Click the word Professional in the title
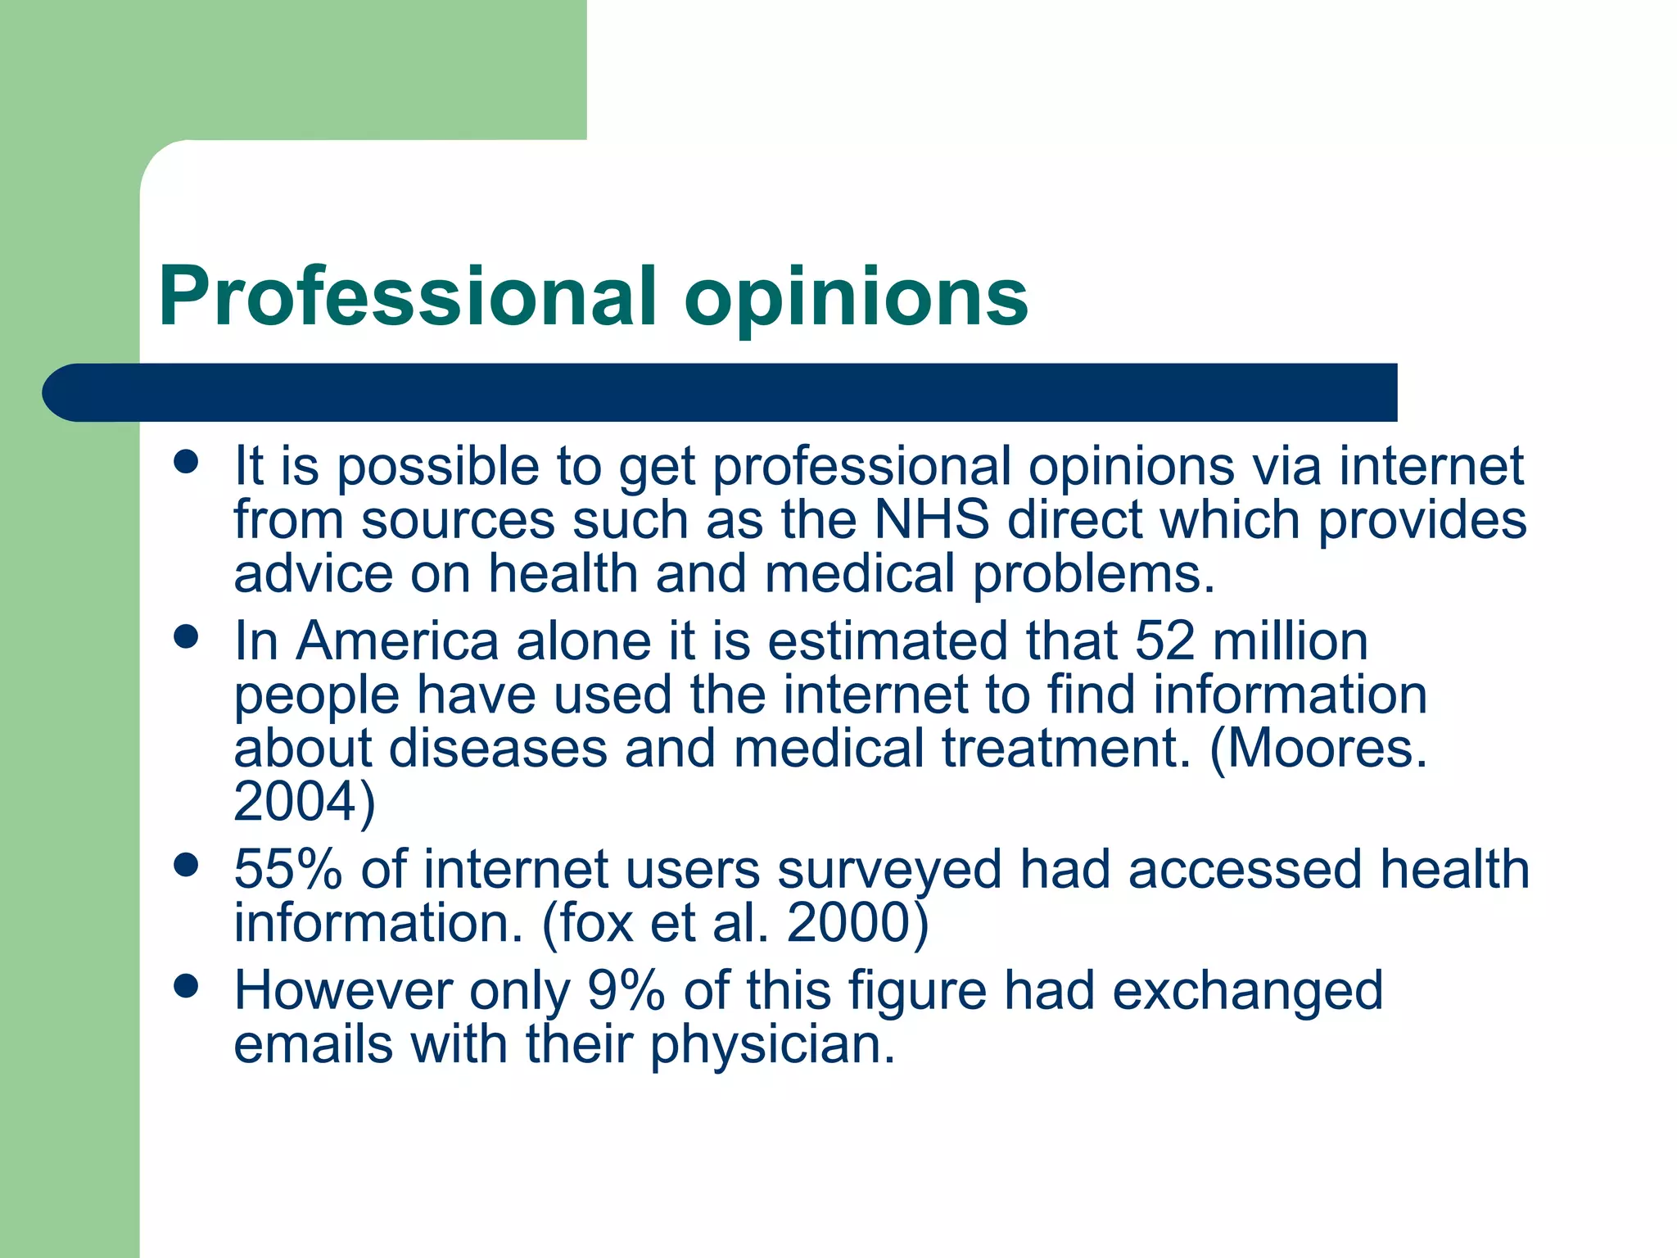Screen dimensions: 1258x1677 point(408,296)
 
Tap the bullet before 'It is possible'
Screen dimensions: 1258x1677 point(187,461)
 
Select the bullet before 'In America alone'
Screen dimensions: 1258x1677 point(187,636)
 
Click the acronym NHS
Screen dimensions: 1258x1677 point(932,520)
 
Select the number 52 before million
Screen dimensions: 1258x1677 point(1164,640)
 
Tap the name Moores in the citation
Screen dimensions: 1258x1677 point(1327,748)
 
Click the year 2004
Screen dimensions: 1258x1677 point(296,802)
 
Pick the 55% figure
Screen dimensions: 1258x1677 point(287,869)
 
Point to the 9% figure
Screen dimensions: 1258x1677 point(626,990)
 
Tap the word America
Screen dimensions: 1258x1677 point(397,640)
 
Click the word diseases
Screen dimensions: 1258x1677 point(498,748)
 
